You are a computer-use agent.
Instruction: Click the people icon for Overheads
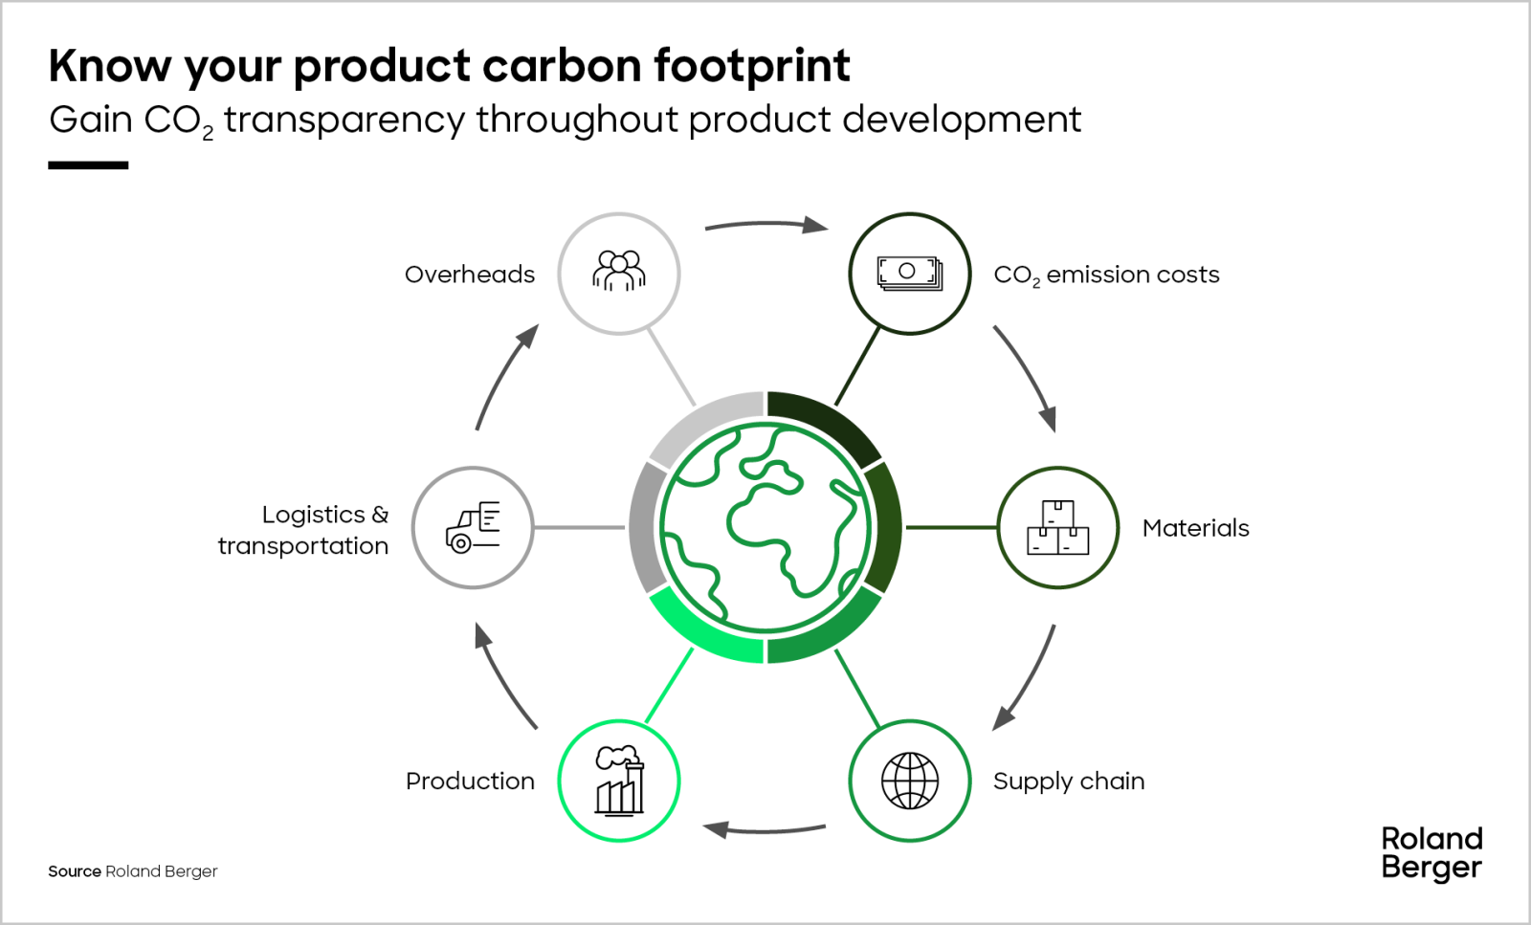(x=618, y=271)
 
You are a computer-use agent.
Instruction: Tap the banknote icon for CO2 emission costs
(x=910, y=274)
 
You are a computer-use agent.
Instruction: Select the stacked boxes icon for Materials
(x=1058, y=527)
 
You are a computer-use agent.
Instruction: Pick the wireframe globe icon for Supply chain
(x=910, y=781)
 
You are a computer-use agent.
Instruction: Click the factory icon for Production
(x=619, y=781)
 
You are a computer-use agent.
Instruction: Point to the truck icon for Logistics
(x=473, y=527)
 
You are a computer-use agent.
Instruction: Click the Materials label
(x=1195, y=528)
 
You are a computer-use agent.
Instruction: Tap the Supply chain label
(x=1069, y=782)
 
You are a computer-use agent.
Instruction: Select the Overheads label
(x=470, y=275)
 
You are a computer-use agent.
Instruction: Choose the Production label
(x=470, y=781)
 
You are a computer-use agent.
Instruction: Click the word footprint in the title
(x=752, y=67)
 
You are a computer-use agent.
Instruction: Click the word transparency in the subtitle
(x=344, y=121)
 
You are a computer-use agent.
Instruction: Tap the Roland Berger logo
(x=1431, y=854)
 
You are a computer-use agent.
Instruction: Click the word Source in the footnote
(x=75, y=871)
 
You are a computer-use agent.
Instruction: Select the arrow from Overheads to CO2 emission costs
(x=766, y=224)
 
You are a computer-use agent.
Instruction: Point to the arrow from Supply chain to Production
(x=765, y=830)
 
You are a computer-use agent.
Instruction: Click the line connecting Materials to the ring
(x=951, y=527)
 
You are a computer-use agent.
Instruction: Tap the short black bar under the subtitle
(x=88, y=165)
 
